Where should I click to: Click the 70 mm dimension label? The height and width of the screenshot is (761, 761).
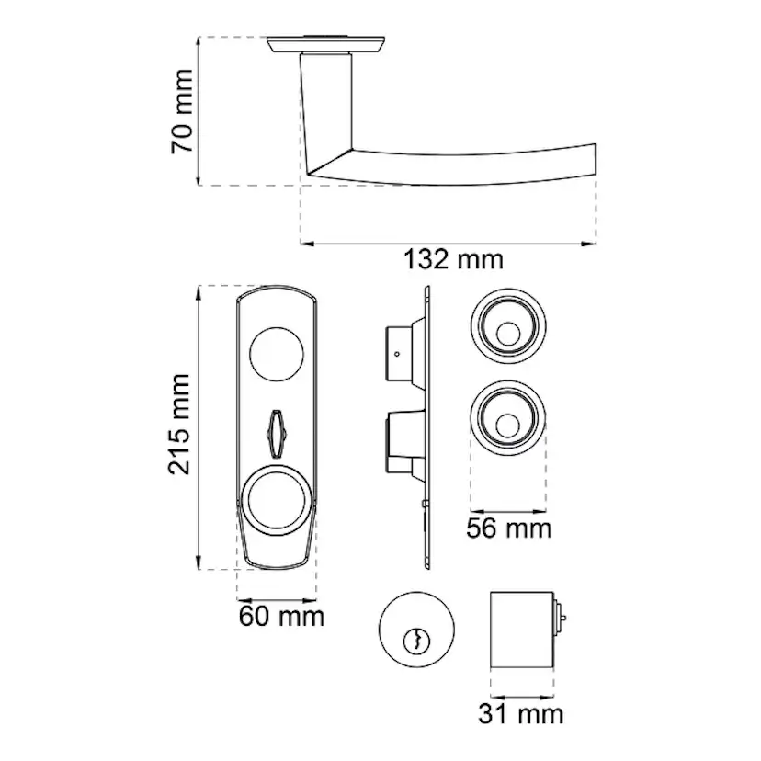coord(182,111)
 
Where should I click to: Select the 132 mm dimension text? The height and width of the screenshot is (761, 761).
coord(453,259)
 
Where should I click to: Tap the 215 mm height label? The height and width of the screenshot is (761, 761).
coord(179,424)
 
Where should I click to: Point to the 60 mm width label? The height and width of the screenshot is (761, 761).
coord(281,617)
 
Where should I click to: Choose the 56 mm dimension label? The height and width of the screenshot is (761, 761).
coord(508,528)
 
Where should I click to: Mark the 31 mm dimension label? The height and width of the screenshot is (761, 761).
coord(521,714)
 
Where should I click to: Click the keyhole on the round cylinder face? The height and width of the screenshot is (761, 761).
coord(416,642)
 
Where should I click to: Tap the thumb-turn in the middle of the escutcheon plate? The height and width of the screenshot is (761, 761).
coord(276,434)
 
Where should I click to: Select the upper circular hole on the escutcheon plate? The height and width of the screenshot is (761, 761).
coord(277,354)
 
